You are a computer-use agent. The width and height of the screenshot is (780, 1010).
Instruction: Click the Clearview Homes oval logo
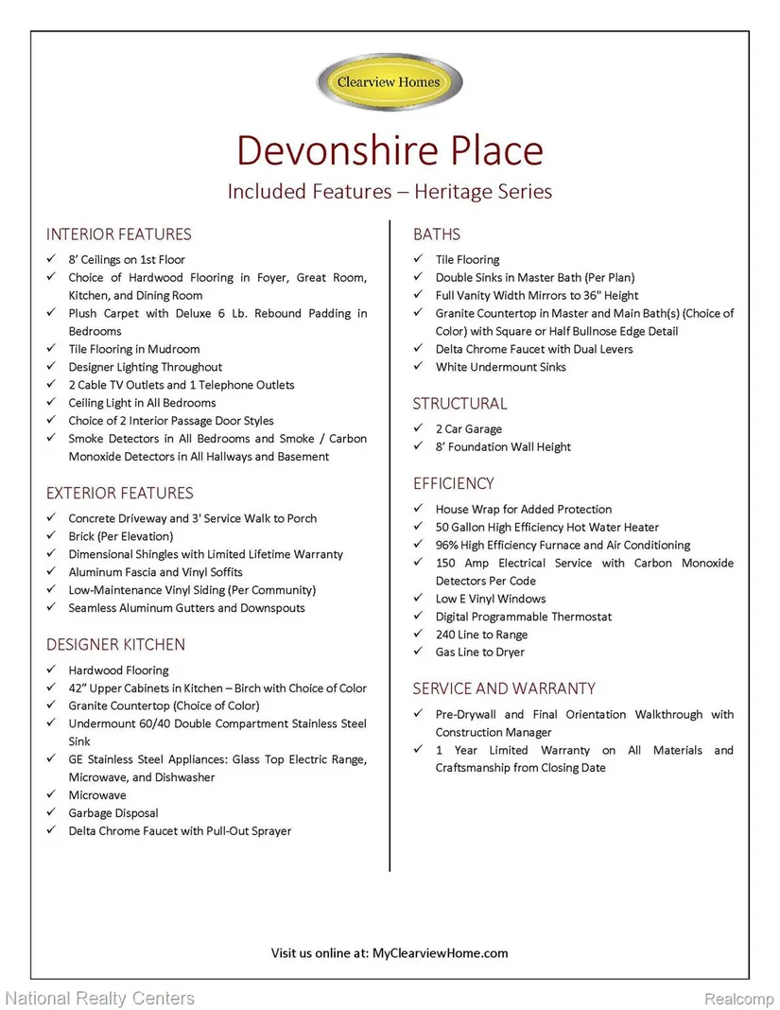pos(390,82)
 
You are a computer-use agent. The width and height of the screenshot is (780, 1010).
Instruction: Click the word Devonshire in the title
pos(320,151)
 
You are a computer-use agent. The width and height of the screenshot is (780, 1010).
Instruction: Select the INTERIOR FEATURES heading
pos(118,235)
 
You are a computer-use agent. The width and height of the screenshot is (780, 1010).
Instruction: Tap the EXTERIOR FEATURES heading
pos(119,493)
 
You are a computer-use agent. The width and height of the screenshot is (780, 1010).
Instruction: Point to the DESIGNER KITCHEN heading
pos(115,645)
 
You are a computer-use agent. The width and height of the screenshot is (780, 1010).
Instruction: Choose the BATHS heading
pos(437,235)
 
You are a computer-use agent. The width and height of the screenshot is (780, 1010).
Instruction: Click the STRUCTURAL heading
pos(459,404)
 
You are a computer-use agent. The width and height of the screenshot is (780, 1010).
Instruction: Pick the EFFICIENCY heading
pos(453,483)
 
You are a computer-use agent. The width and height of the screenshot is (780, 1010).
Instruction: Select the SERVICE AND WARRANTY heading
pos(504,688)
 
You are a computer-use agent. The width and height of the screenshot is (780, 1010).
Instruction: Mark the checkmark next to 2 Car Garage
pos(417,429)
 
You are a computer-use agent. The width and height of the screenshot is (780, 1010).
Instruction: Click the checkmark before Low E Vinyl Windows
pos(417,599)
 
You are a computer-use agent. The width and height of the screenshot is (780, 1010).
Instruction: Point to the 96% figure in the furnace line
pos(448,545)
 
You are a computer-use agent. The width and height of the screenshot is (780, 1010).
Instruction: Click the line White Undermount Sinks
pos(500,367)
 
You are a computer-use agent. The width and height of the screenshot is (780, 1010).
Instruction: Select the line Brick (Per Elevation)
pos(120,536)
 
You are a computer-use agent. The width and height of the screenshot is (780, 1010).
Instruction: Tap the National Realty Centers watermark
pos(99,998)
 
